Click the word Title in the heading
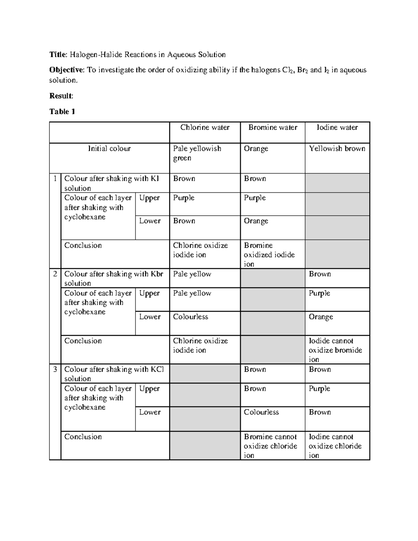coord(57,55)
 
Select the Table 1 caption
coord(62,111)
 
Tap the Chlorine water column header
coord(205,127)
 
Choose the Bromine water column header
coord(273,127)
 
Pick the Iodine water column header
coord(337,127)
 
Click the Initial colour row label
coord(109,149)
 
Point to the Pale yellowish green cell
coord(197,153)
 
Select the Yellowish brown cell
coord(337,149)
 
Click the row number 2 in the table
coord(55,274)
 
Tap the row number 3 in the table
coord(55,369)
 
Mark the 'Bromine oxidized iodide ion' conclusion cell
coord(269,255)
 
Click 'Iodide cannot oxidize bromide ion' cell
coord(335,350)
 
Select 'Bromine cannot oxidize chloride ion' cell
coord(270,446)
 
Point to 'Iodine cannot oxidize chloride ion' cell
coord(335,446)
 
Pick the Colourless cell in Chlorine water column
coord(191,317)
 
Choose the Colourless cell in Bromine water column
coord(261,412)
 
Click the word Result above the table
coord(61,96)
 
